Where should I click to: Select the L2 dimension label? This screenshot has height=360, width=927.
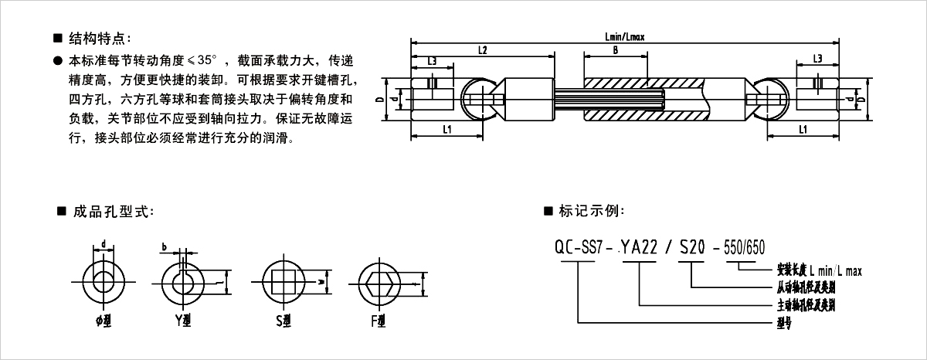(482, 50)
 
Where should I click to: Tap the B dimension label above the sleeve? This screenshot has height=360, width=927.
(614, 50)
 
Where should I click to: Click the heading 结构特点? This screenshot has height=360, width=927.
(100, 38)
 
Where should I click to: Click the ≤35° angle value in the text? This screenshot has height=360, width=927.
(207, 59)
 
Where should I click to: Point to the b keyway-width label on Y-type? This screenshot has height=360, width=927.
(165, 248)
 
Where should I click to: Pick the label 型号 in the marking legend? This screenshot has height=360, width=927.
(783, 324)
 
